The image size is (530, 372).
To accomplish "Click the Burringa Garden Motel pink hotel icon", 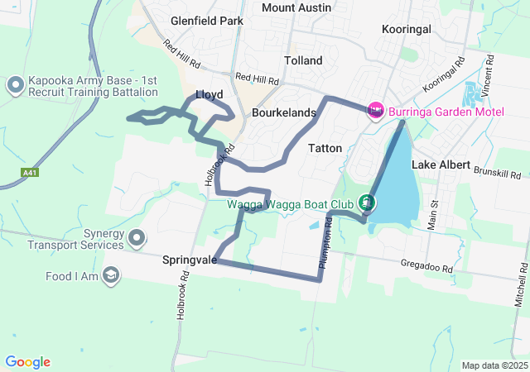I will (375, 109).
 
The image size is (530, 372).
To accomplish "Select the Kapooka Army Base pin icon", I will (15, 84).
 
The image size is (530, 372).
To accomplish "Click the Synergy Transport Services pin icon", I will (137, 239).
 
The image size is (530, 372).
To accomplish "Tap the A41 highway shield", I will (30, 173).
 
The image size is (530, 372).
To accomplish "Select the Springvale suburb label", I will (190, 260).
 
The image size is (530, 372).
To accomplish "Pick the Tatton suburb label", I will (324, 149).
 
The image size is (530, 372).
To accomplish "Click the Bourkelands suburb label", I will (283, 112).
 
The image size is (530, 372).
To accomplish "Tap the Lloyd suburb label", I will (209, 94).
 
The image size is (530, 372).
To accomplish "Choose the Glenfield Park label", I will (207, 20).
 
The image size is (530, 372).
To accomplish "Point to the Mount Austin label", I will (296, 7).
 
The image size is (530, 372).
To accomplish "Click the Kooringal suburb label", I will (407, 29).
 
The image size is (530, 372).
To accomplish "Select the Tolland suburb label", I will (303, 60).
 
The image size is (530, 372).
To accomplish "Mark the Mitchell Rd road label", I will (521, 284).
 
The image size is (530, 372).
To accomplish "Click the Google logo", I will (27, 362).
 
